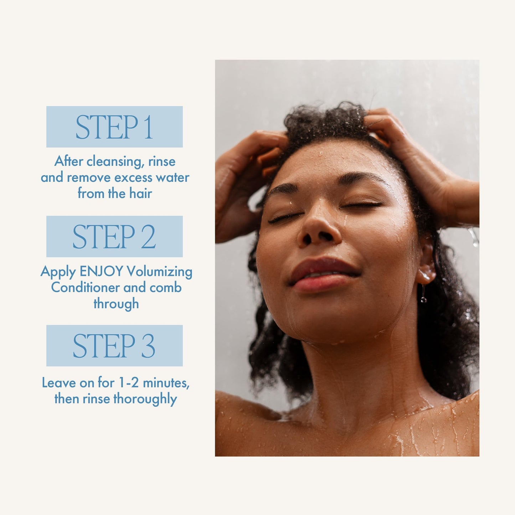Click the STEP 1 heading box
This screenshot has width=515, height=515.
click(114, 127)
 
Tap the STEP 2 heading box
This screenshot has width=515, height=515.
click(114, 236)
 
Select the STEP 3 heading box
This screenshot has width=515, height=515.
click(114, 346)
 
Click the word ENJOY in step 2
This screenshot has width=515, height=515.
click(101, 272)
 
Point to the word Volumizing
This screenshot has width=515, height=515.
click(160, 272)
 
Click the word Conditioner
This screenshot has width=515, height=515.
click(86, 288)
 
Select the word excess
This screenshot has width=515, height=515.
click(133, 177)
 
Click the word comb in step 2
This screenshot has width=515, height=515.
click(166, 288)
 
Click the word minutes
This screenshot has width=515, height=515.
click(166, 383)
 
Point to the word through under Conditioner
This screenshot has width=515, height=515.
click(116, 304)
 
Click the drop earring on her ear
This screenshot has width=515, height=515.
click(423, 295)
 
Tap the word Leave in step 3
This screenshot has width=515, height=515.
click(58, 383)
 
